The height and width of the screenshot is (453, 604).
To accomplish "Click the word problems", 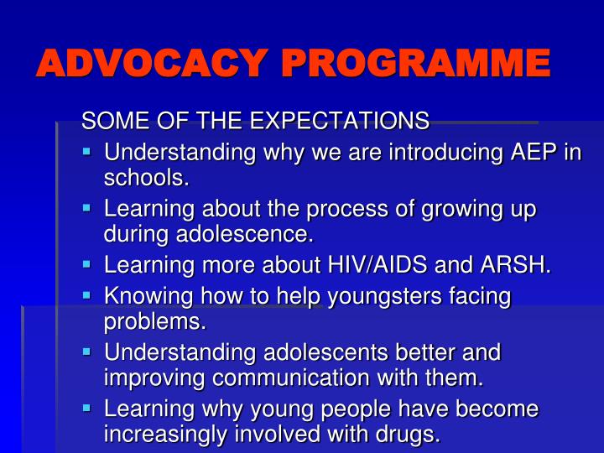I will pyautogui.click(x=154, y=321).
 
